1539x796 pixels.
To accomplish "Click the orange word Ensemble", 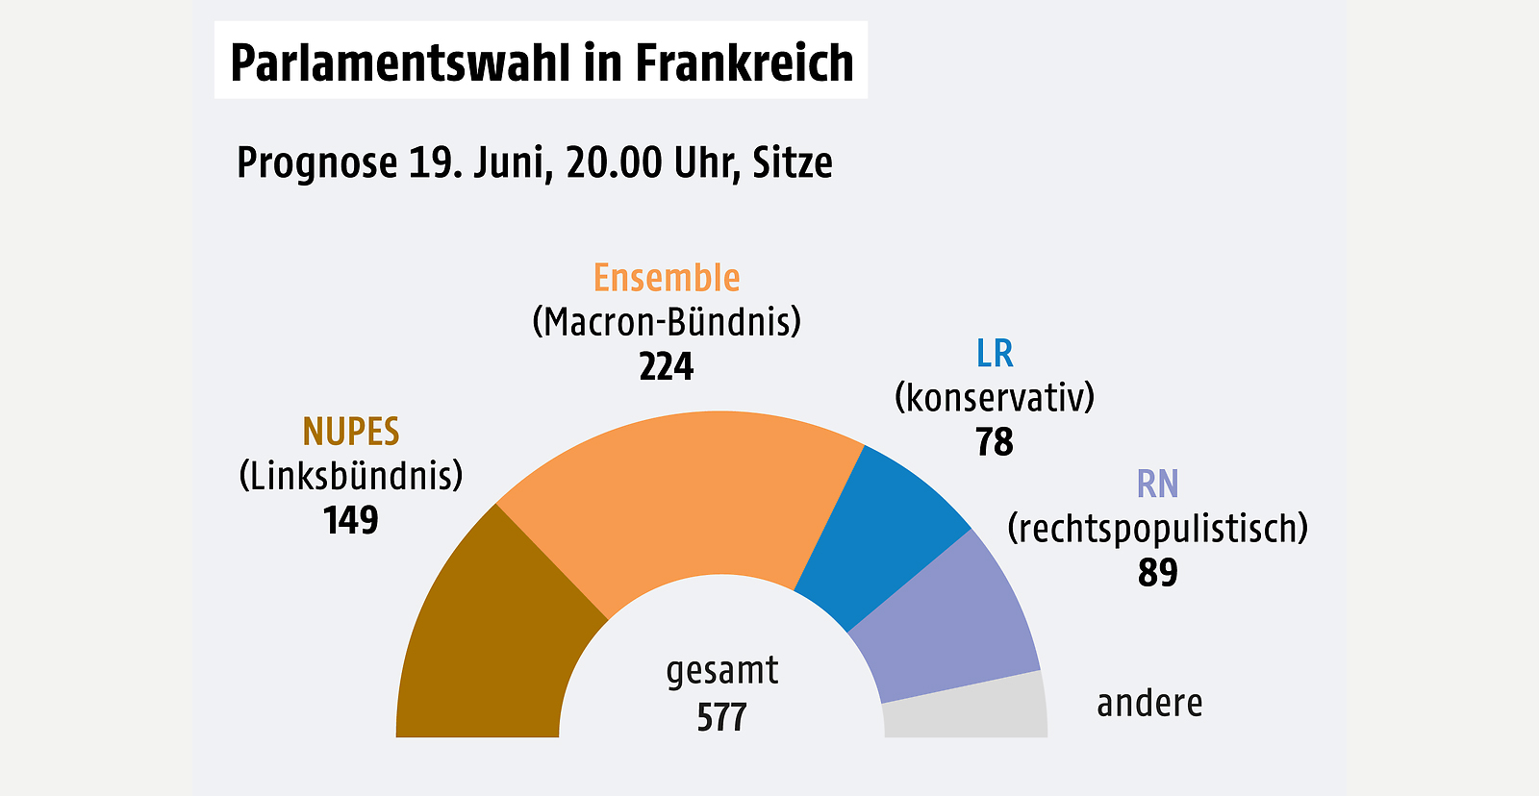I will [x=667, y=278].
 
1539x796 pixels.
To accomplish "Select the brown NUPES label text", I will [x=351, y=432].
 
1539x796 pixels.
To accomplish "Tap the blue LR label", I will [x=995, y=354].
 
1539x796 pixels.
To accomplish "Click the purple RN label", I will [x=1157, y=484].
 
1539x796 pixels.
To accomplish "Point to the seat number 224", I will [x=667, y=366].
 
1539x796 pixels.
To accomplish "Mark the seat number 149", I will [x=351, y=520].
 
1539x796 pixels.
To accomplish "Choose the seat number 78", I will [x=995, y=442].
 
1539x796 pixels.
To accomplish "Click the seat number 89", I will [x=1157, y=572].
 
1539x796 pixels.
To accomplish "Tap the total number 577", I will [x=721, y=717].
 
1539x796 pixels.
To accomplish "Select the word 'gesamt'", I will [x=721, y=671].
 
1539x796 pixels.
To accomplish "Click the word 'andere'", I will [x=1149, y=703].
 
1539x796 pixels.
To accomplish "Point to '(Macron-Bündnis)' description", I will [x=667, y=322].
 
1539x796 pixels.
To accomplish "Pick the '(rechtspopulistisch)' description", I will [x=1157, y=528].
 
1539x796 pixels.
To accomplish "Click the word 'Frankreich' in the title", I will [x=744, y=62].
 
